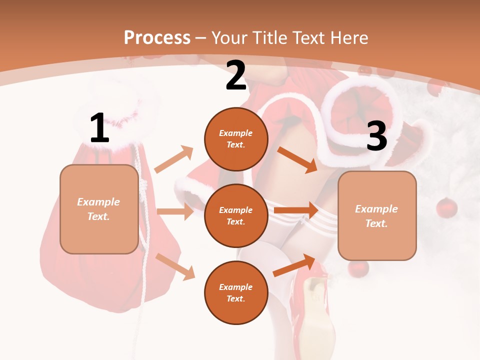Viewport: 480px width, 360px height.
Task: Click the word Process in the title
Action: (x=157, y=37)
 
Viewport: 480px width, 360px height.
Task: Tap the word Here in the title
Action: (x=348, y=37)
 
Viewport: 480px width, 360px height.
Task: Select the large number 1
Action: (x=99, y=128)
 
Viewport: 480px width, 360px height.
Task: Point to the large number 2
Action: (x=236, y=76)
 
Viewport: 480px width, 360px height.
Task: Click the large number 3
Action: (x=376, y=136)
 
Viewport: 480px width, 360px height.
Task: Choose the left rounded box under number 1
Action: (x=99, y=209)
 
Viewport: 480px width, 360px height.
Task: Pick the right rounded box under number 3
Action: (x=377, y=215)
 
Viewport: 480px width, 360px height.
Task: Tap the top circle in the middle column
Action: (x=236, y=138)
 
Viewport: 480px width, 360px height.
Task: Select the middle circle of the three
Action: (x=236, y=215)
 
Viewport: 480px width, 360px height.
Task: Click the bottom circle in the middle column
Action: (x=236, y=292)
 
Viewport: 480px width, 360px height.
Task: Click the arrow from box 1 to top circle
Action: (x=174, y=159)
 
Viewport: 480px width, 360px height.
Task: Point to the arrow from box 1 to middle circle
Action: (x=175, y=211)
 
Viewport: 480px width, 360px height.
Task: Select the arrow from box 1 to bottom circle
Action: (x=175, y=266)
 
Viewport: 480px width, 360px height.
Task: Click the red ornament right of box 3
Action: (x=446, y=208)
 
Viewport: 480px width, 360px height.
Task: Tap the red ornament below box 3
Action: (x=359, y=268)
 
